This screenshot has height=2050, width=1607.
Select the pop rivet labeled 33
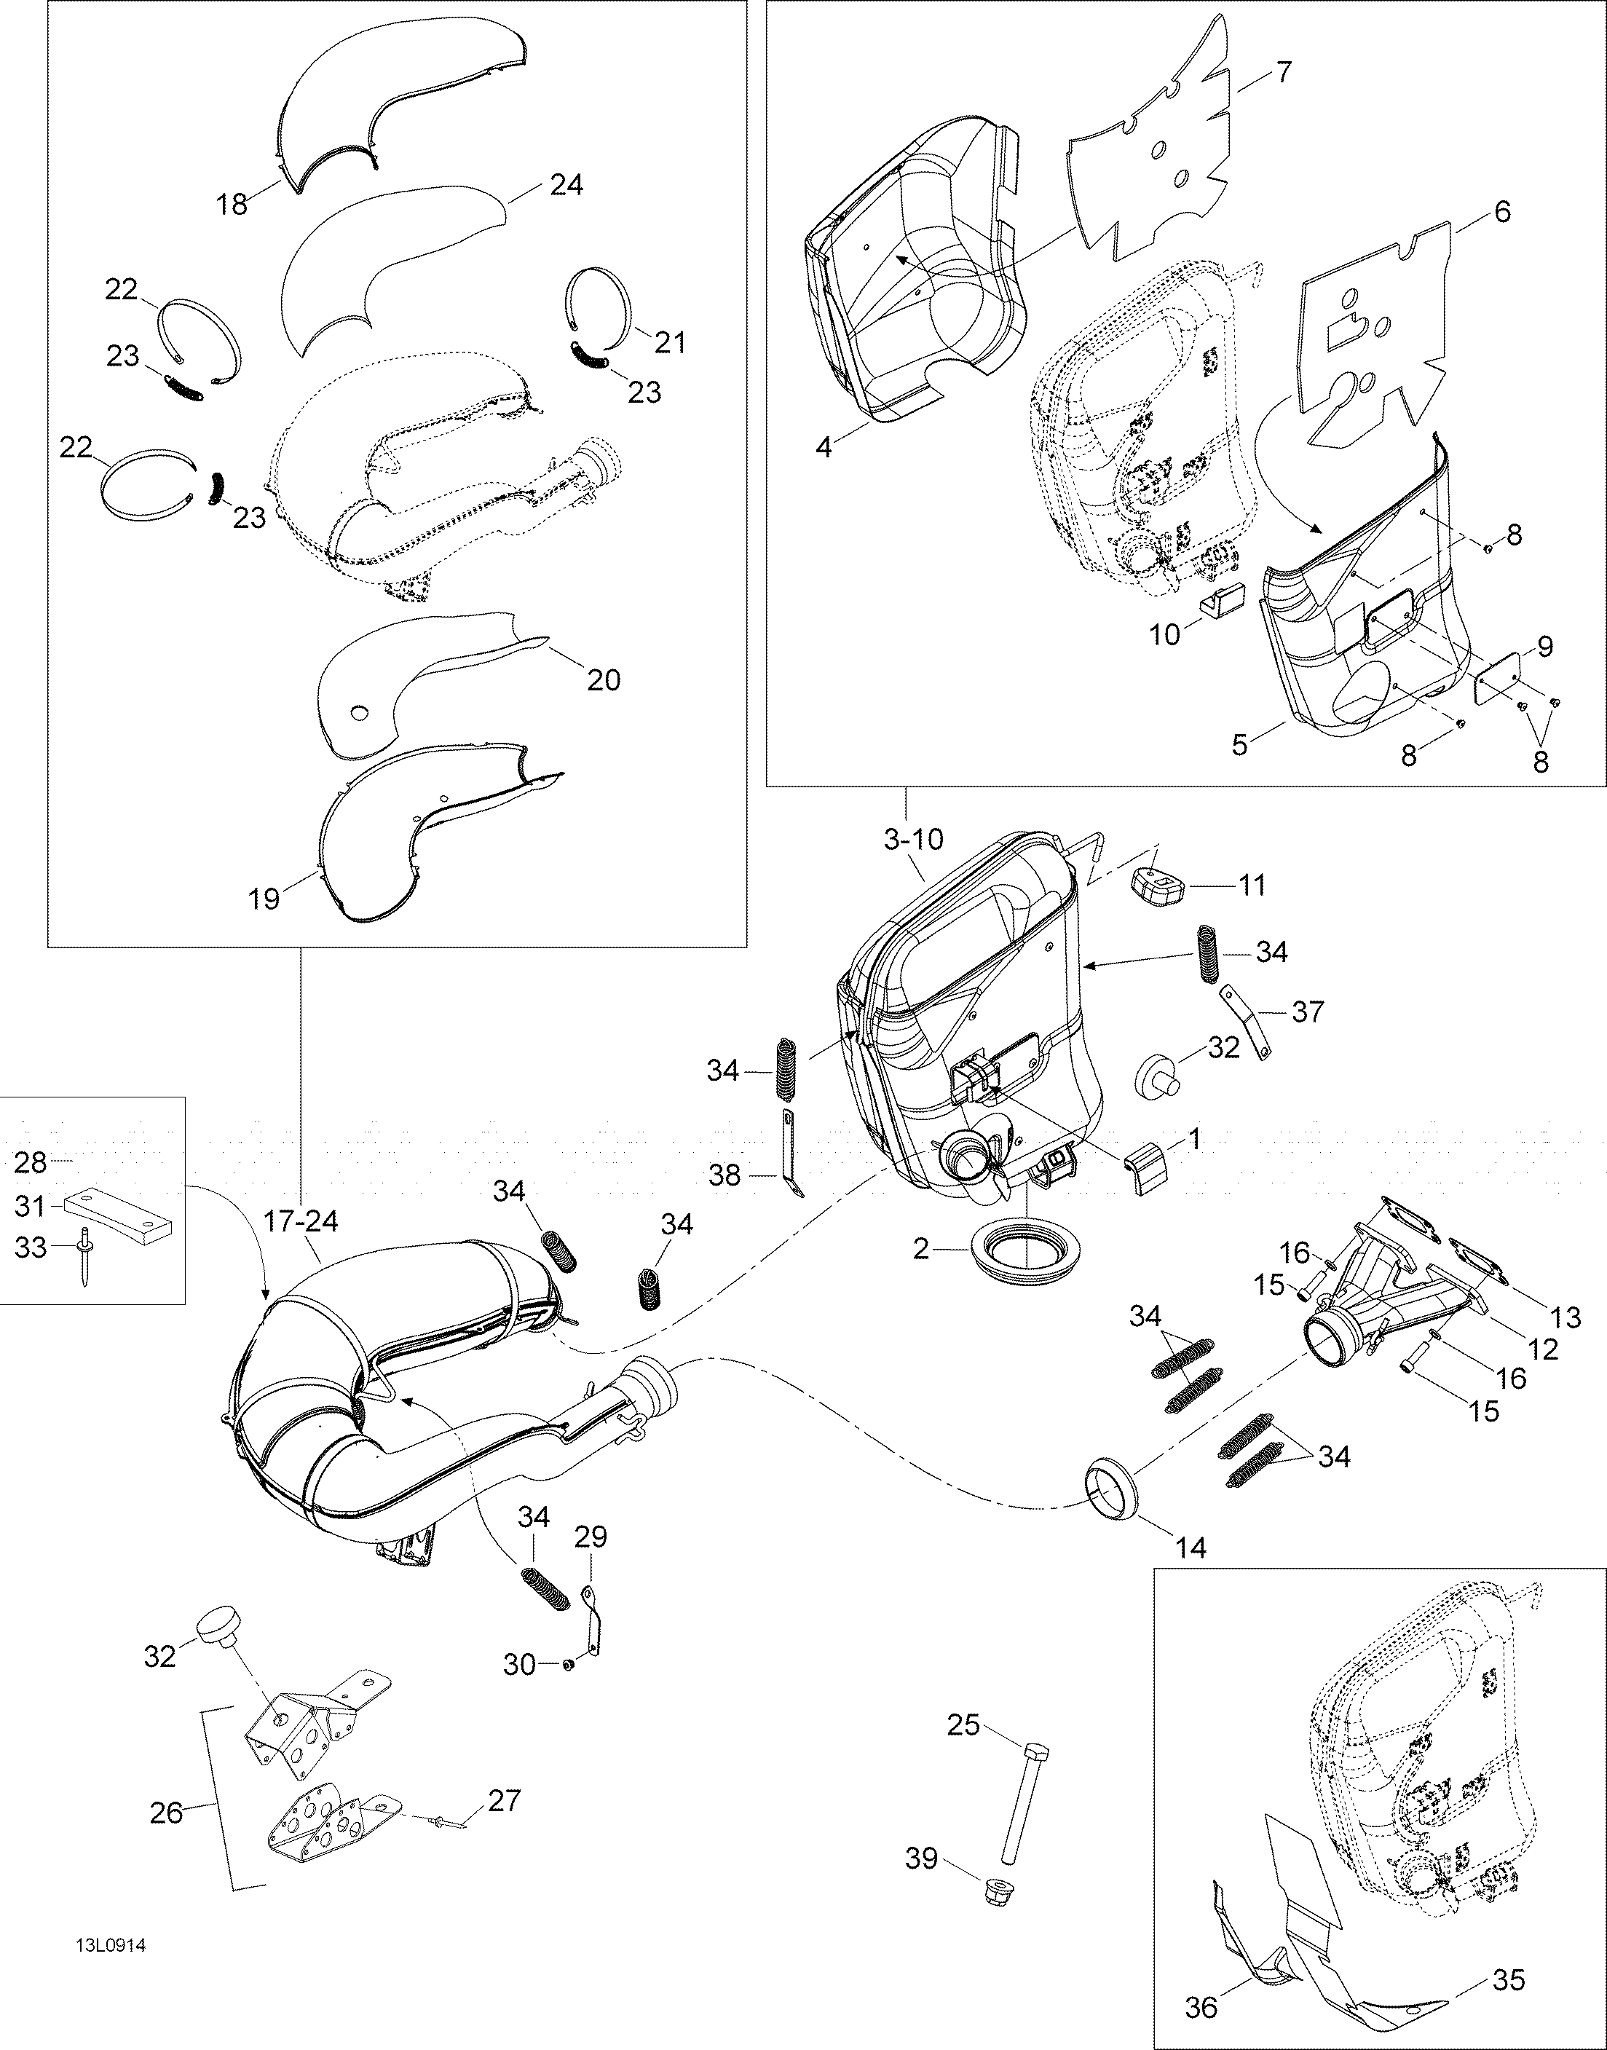pos(84,1257)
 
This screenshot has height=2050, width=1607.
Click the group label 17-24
pos(315,1221)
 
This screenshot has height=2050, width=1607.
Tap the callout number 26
pos(167,1811)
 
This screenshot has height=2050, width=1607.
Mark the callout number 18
pos(232,202)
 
